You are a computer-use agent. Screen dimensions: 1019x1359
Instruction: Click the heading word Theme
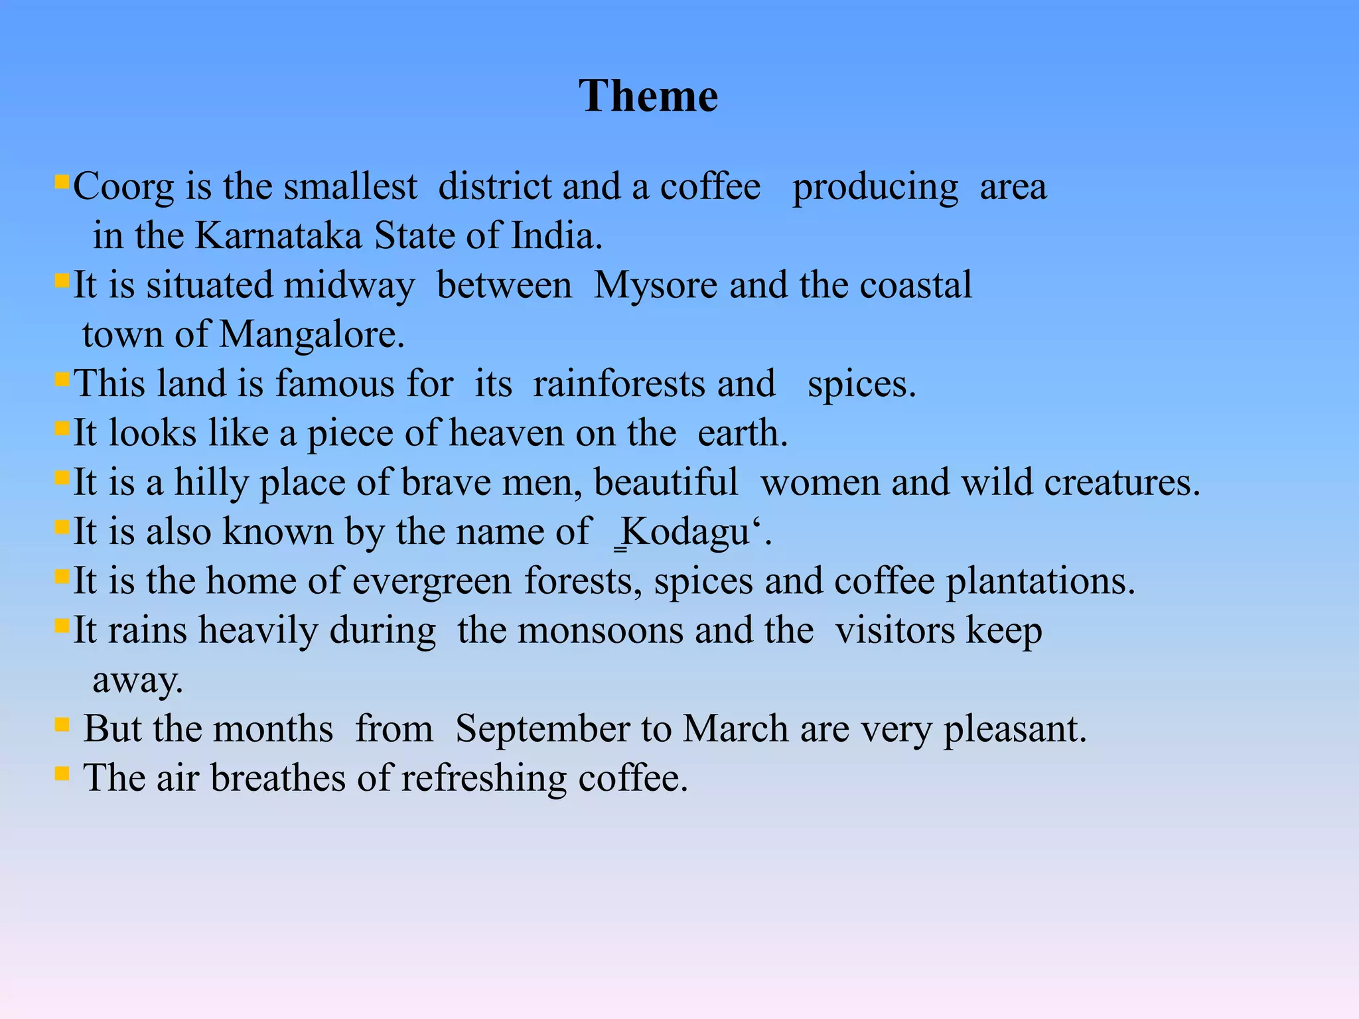(x=648, y=96)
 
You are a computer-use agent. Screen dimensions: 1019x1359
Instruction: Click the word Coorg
(x=123, y=187)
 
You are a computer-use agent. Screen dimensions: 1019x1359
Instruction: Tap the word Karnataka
(x=279, y=236)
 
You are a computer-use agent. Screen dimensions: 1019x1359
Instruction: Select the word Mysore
(x=656, y=286)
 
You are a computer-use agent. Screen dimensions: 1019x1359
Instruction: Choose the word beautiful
(x=666, y=482)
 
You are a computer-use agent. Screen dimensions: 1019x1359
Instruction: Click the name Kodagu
(x=686, y=532)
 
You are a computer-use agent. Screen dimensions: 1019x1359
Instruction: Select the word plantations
(x=1040, y=581)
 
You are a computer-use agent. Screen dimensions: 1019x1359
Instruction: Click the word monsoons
(x=600, y=630)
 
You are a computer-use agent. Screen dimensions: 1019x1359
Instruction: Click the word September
(x=543, y=729)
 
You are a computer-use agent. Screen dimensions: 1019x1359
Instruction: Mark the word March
(x=736, y=729)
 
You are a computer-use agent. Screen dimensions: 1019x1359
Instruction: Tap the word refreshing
(x=484, y=778)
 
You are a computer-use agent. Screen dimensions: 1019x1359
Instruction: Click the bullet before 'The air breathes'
(x=62, y=773)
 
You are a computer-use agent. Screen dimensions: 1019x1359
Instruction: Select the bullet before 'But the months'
(x=62, y=724)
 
